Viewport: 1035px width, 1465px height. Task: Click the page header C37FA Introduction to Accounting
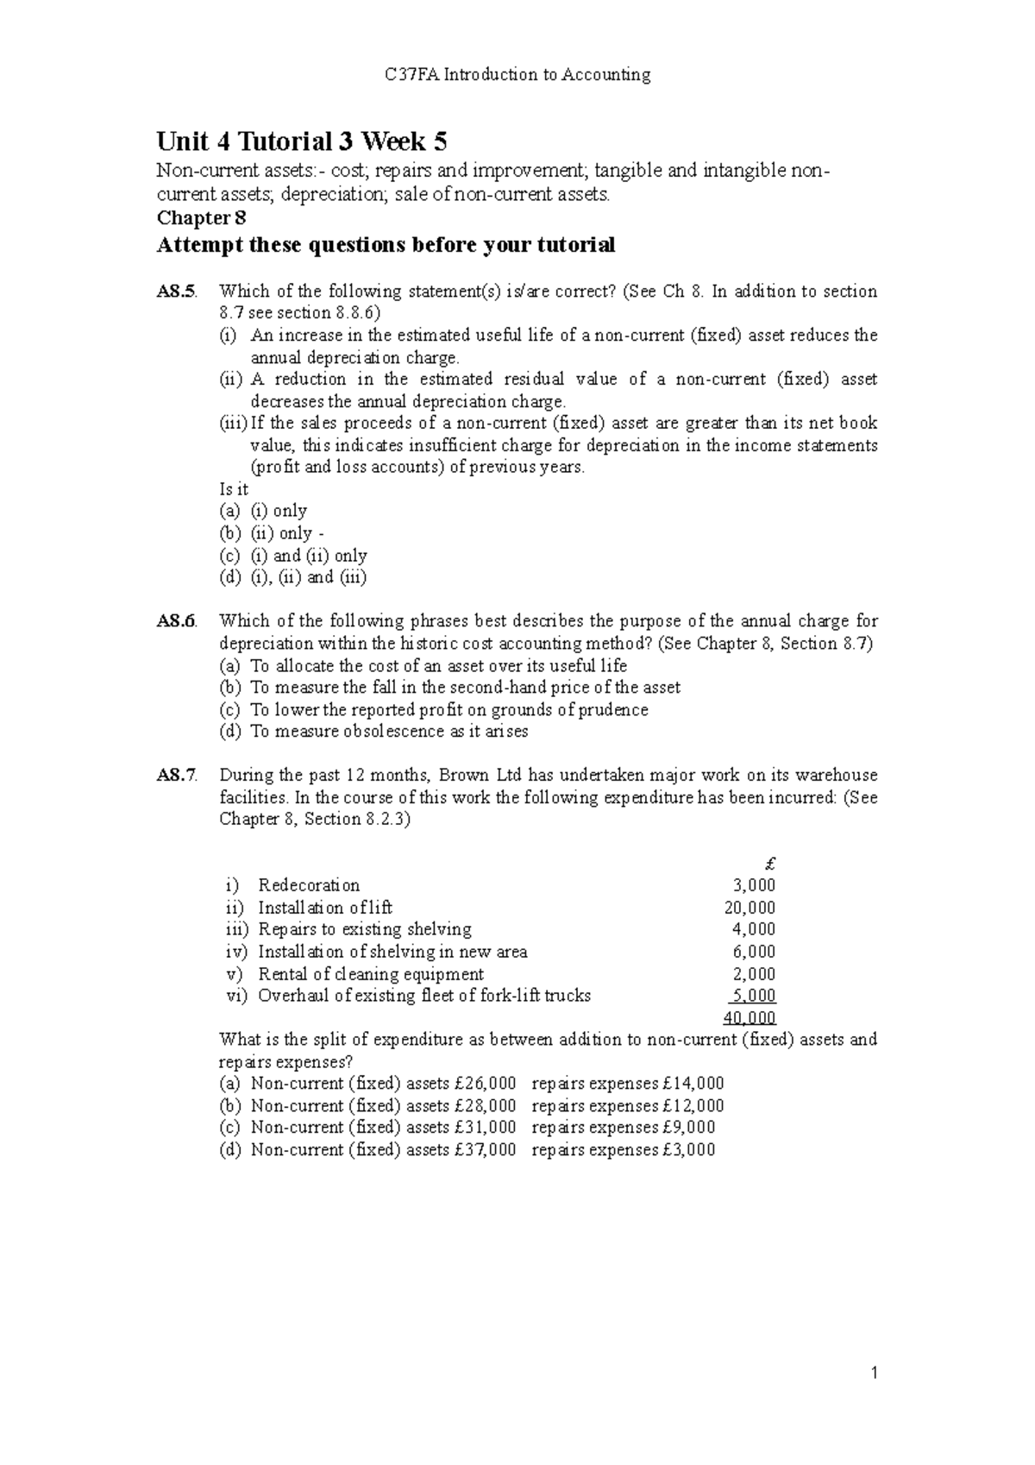pyautogui.click(x=517, y=75)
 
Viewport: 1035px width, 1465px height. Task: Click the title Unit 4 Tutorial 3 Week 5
pyautogui.click(x=301, y=141)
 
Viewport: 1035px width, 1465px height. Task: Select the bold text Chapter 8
pyautogui.click(x=201, y=218)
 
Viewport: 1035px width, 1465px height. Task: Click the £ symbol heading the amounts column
pyautogui.click(x=770, y=863)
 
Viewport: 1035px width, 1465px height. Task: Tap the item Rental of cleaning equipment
pyautogui.click(x=370, y=974)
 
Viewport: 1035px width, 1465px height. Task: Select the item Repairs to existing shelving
pyautogui.click(x=364, y=929)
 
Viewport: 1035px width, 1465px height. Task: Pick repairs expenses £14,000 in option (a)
pyautogui.click(x=628, y=1084)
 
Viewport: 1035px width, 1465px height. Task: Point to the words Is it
pyautogui.click(x=234, y=489)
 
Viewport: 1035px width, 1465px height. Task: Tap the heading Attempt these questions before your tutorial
pyautogui.click(x=385, y=246)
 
